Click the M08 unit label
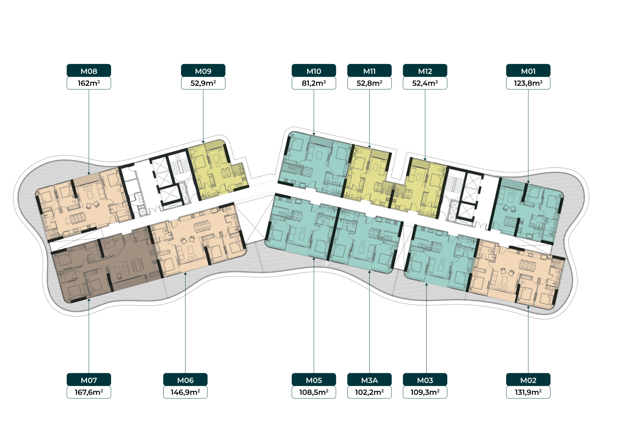[89, 71]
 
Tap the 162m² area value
[89, 83]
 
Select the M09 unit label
[203, 71]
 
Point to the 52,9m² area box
[203, 83]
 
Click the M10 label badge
[314, 71]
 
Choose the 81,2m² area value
[314, 83]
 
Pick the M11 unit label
[369, 71]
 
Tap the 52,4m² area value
[425, 83]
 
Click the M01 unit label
[528, 71]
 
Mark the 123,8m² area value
[528, 83]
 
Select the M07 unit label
[89, 380]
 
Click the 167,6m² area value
[89, 392]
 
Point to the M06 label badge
[185, 380]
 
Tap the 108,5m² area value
[314, 392]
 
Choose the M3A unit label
[369, 380]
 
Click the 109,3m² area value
[425, 392]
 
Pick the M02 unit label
[528, 380]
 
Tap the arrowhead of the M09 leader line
[203, 142]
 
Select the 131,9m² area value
[528, 392]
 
